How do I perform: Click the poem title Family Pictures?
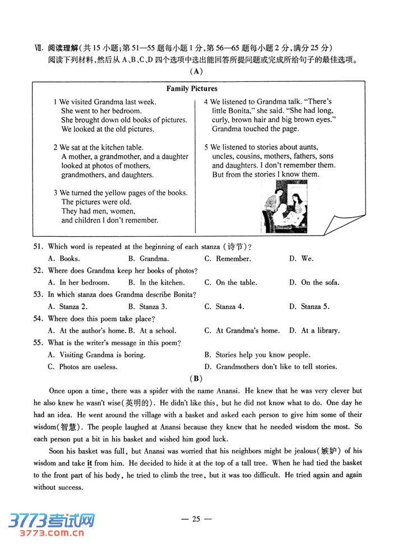click(192, 89)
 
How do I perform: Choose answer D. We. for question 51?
click(301, 259)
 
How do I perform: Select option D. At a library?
click(314, 331)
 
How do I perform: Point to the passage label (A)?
click(196, 71)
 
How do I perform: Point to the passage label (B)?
click(196, 378)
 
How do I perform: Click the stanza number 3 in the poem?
click(56, 193)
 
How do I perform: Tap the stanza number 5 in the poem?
click(206, 148)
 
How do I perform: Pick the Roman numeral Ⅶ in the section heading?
click(38, 49)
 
